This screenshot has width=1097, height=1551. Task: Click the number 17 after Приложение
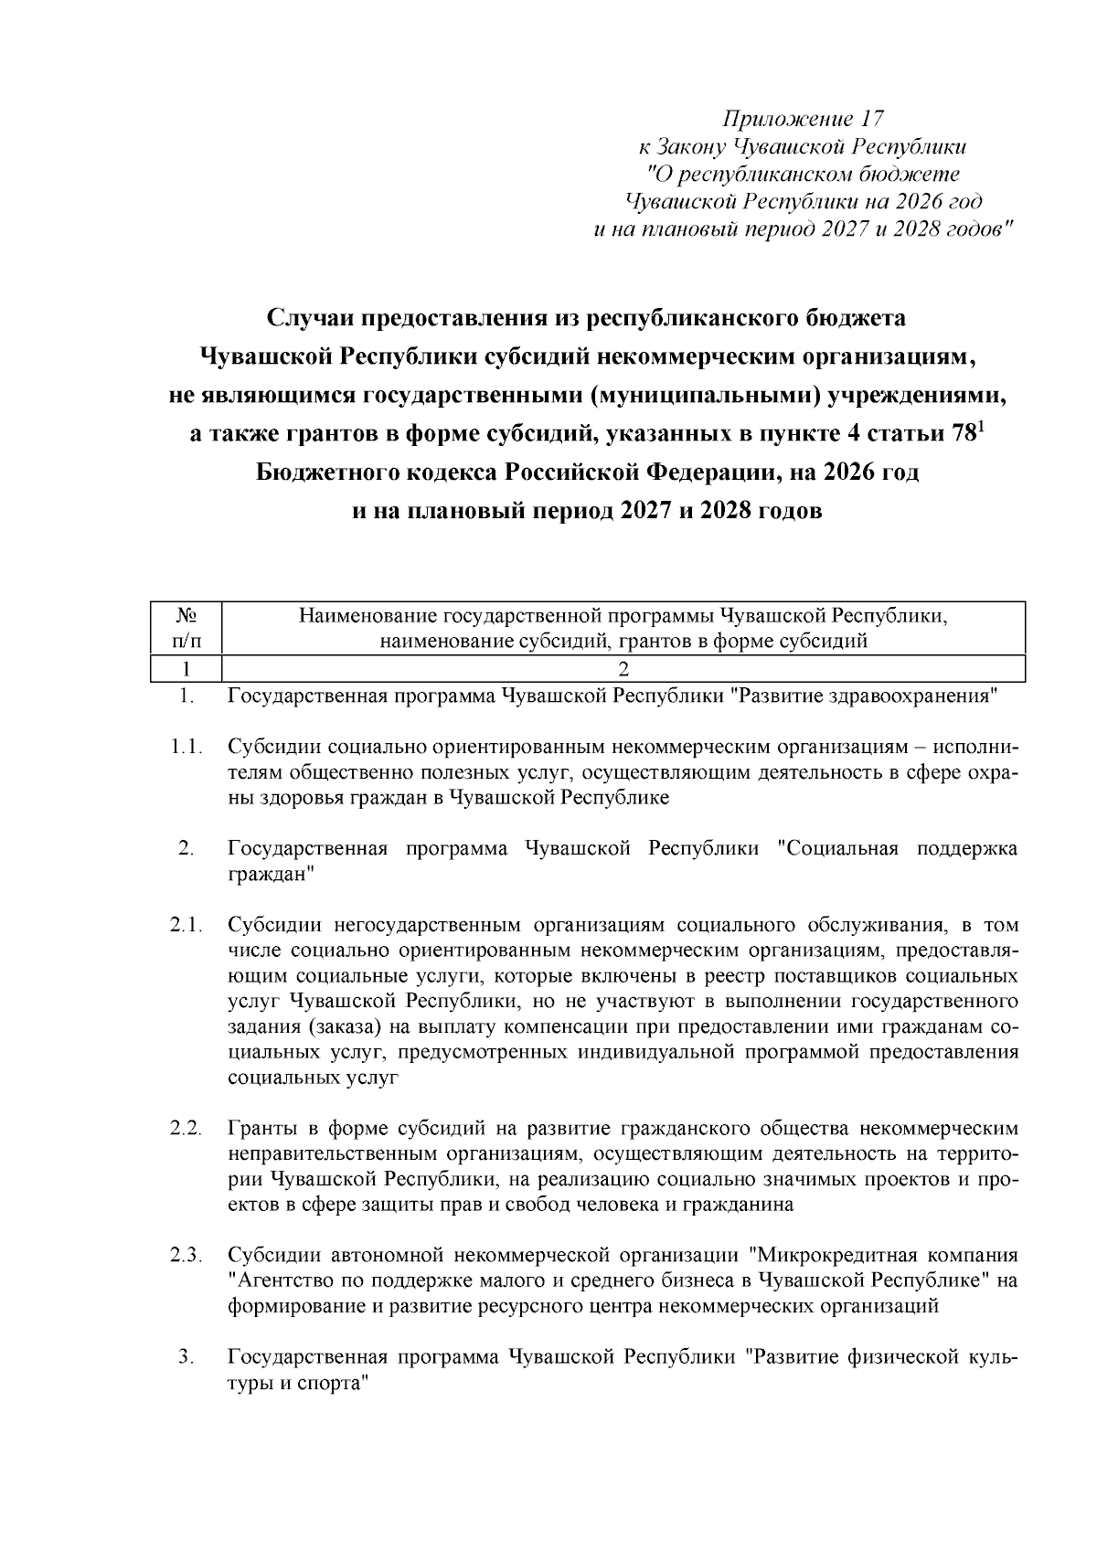pyautogui.click(x=872, y=119)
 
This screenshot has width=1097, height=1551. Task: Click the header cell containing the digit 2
pyautogui.click(x=623, y=669)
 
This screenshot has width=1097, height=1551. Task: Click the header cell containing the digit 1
pyautogui.click(x=186, y=669)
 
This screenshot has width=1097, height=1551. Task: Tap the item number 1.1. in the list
pyautogui.click(x=186, y=747)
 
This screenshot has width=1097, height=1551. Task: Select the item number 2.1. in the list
pyautogui.click(x=186, y=926)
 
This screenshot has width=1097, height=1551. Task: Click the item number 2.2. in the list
pyautogui.click(x=186, y=1129)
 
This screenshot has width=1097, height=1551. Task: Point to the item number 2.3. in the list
pyautogui.click(x=186, y=1255)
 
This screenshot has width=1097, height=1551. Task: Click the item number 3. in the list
pyautogui.click(x=186, y=1357)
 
